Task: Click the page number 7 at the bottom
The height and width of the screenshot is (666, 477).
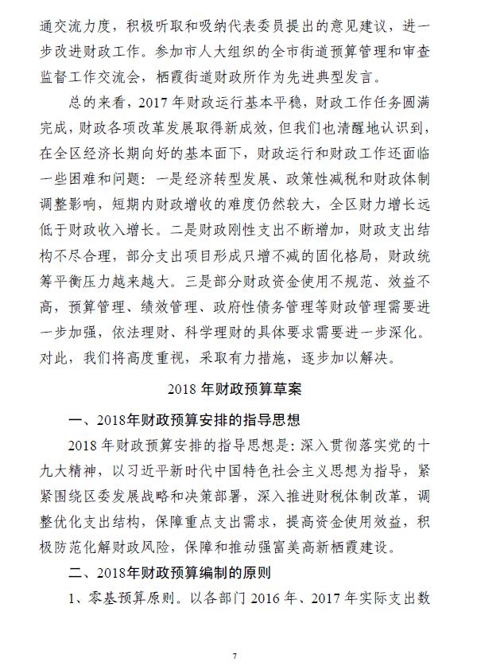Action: (x=235, y=655)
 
